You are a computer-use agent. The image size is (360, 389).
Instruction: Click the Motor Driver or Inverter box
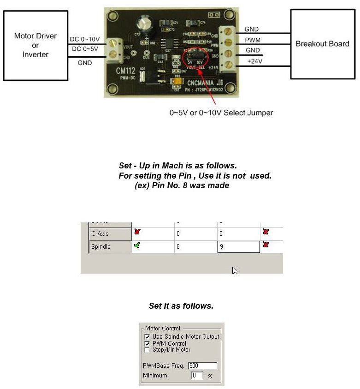pos(35,45)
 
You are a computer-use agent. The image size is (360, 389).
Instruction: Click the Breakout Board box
pos(322,44)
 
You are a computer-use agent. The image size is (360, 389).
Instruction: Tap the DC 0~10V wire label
pos(84,39)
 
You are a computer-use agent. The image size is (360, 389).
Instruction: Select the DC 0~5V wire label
pos(84,48)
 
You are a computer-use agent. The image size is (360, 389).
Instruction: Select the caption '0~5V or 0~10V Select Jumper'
pos(221,112)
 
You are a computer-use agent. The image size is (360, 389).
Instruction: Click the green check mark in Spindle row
pos(136,245)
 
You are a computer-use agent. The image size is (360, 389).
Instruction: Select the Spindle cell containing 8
pos(195,247)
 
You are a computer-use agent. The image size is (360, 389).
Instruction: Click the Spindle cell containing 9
pos(238,247)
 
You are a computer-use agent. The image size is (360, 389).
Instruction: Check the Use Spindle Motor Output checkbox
pos(147,337)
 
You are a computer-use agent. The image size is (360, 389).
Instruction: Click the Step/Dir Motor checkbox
pos(147,350)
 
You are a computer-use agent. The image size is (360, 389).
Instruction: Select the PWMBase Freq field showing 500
pos(202,366)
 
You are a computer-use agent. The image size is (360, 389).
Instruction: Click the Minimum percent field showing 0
pos(197,376)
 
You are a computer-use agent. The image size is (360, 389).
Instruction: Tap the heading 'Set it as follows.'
pos(181,306)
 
